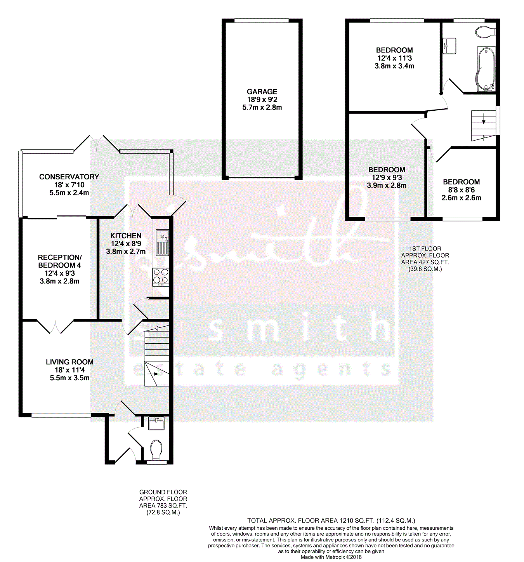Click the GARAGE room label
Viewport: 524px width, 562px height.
(x=262, y=92)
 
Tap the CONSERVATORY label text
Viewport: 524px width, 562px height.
(x=69, y=177)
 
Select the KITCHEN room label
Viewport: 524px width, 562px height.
(x=126, y=236)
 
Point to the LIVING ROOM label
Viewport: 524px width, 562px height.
(x=69, y=362)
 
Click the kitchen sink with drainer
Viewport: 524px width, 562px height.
(x=162, y=242)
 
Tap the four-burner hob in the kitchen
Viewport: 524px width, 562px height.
(x=161, y=277)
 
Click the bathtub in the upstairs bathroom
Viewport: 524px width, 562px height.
(x=486, y=69)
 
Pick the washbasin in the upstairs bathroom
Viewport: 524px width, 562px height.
(x=449, y=46)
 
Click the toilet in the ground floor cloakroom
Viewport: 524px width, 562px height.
(x=156, y=450)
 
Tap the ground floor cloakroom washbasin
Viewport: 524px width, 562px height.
(x=156, y=424)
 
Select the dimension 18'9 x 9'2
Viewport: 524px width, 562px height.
(x=262, y=99)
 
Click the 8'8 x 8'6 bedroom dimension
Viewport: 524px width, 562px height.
(x=461, y=190)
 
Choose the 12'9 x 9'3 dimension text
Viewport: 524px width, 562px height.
(x=387, y=178)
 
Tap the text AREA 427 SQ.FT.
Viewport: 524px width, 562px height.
(x=425, y=262)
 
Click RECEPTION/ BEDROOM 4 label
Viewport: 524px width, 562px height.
(x=60, y=261)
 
